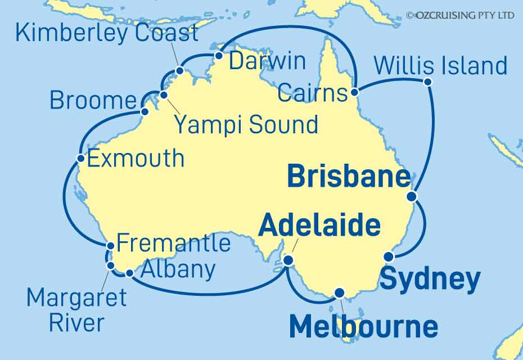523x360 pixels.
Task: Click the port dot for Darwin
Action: click(219, 56)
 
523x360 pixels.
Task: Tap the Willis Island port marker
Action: click(427, 82)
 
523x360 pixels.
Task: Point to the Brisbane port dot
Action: click(412, 196)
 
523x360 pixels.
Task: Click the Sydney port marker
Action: click(388, 257)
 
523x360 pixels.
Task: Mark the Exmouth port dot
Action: click(81, 158)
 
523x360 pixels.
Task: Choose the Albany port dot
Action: click(129, 273)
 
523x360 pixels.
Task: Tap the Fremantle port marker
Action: click(111, 245)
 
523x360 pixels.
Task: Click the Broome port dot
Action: click(145, 111)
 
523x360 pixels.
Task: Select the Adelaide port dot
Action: click(288, 260)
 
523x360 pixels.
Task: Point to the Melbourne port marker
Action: click(339, 292)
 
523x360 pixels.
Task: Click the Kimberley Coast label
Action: click(107, 33)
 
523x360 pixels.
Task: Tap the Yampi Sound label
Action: click(246, 124)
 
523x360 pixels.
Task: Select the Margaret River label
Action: click(76, 309)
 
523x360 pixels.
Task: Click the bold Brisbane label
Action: click(349, 177)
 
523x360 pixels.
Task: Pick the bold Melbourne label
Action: click(363, 327)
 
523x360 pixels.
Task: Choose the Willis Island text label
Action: click(440, 66)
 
